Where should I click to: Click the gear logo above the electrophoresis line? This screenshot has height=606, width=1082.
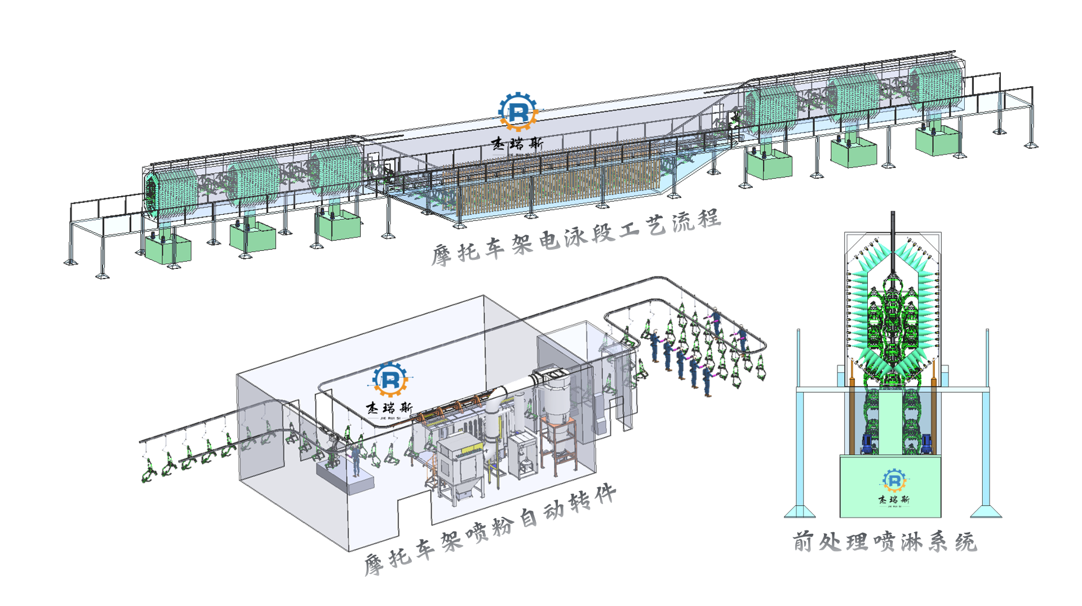tap(518, 111)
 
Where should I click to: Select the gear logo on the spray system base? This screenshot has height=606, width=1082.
tap(894, 480)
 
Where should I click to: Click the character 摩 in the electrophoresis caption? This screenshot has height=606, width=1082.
tap(442, 255)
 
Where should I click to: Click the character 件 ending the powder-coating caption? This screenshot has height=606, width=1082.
tap(605, 494)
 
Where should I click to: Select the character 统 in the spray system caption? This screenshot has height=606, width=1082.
tap(966, 542)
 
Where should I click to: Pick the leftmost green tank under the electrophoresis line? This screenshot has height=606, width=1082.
tap(168, 249)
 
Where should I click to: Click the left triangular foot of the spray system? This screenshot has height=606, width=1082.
tap(799, 511)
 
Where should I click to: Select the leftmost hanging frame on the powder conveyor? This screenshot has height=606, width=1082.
tap(149, 471)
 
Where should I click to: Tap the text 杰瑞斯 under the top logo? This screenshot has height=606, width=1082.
tap(517, 144)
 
